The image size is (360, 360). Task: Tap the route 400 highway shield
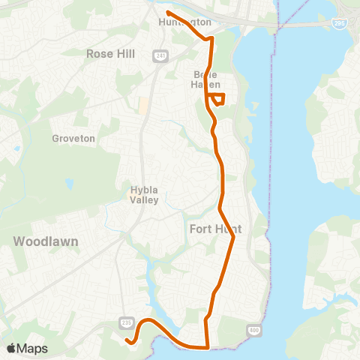[x=252, y=329]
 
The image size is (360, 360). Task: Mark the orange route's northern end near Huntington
[x=166, y=13]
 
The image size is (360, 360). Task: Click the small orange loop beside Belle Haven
[x=218, y=99]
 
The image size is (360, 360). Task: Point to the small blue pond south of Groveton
[x=70, y=183]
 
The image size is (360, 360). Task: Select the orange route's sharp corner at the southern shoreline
[x=208, y=348]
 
